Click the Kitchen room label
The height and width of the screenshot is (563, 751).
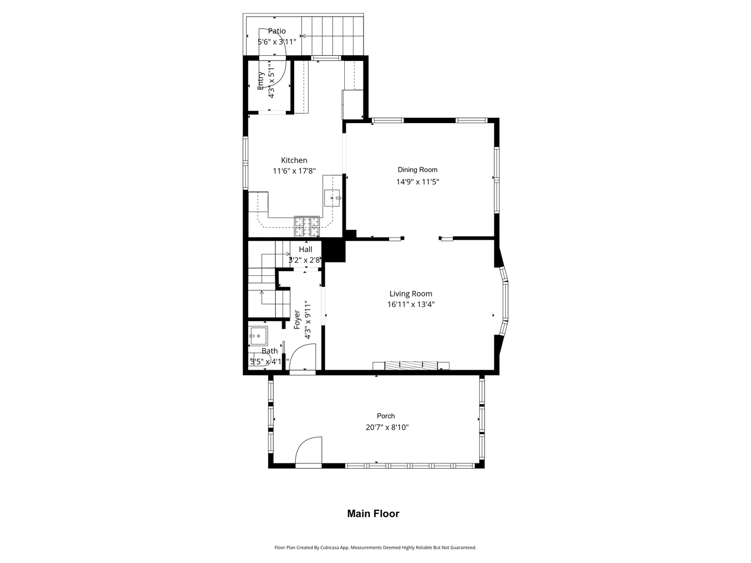(x=294, y=160)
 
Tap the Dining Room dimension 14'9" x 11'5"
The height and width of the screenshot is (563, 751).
(x=417, y=181)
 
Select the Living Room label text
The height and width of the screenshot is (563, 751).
(x=410, y=293)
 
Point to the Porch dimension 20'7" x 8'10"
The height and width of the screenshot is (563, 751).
(x=387, y=427)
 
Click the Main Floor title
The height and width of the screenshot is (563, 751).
(x=373, y=513)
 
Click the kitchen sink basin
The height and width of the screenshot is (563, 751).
(x=332, y=198)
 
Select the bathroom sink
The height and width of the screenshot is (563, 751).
(x=258, y=336)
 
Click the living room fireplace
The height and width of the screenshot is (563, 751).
(x=411, y=365)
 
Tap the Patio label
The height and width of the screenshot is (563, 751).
(x=276, y=31)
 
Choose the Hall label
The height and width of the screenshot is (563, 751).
(x=306, y=249)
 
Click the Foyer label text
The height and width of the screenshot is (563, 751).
(x=297, y=320)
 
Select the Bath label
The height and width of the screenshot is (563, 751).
(x=270, y=351)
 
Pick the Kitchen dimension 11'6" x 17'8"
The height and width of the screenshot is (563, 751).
(x=294, y=170)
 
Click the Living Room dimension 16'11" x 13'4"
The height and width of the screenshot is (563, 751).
(x=410, y=304)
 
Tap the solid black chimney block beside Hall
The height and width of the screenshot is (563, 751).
(x=334, y=251)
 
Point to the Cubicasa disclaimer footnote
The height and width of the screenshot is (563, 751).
(x=375, y=547)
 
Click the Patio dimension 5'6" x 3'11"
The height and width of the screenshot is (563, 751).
(x=276, y=42)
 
